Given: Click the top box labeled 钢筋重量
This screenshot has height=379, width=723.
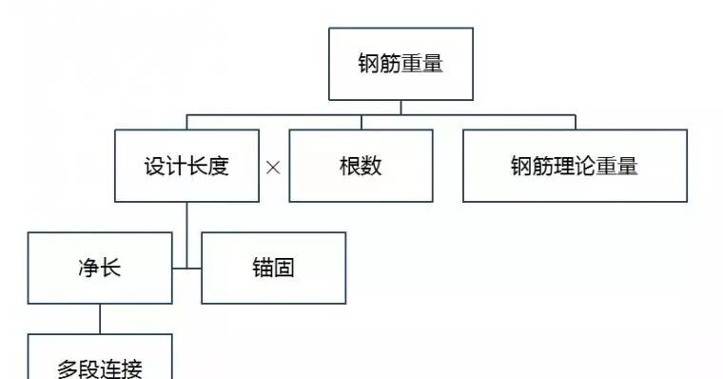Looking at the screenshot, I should pyautogui.click(x=400, y=64).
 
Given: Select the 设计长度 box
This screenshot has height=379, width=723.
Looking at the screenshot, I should pyautogui.click(x=186, y=165).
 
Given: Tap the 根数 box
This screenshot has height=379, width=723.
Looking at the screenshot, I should pyautogui.click(x=361, y=165).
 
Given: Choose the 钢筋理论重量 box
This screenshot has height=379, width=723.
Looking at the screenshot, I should pyautogui.click(x=575, y=165).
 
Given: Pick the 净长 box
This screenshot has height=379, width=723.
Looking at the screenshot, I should pyautogui.click(x=100, y=268).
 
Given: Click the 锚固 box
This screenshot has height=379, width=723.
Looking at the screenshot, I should pyautogui.click(x=273, y=268).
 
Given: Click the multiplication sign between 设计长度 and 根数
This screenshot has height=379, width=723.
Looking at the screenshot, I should pyautogui.click(x=274, y=167).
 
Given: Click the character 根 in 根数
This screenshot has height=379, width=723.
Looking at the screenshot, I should pyautogui.click(x=349, y=166).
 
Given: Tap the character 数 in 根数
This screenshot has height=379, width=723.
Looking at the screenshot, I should pyautogui.click(x=372, y=166).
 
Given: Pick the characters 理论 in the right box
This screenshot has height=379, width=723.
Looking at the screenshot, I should pyautogui.click(x=574, y=166).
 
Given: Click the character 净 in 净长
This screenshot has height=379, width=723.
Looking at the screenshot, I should pyautogui.click(x=88, y=268).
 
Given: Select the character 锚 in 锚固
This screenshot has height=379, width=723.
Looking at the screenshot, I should pyautogui.click(x=262, y=268).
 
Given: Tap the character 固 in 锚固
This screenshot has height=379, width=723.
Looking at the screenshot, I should pyautogui.click(x=284, y=268).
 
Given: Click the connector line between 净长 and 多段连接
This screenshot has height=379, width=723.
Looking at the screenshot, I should pyautogui.click(x=100, y=319).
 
